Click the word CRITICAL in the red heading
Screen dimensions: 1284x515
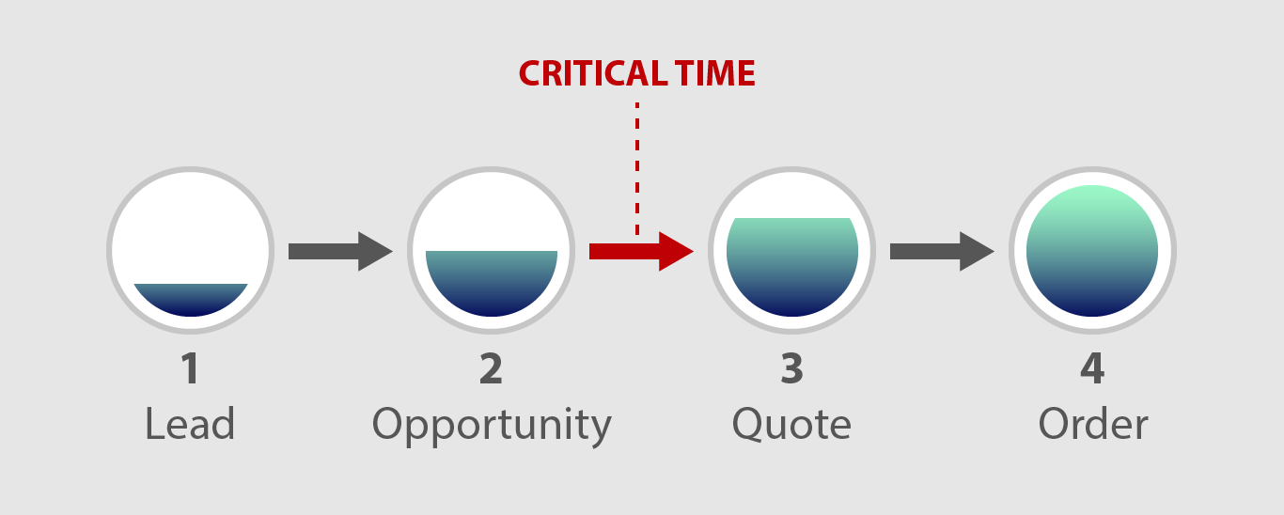pos(593,73)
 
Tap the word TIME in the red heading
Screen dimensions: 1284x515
pos(714,73)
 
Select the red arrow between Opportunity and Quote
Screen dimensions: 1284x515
pos(641,251)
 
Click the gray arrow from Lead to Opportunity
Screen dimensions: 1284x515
pos(340,251)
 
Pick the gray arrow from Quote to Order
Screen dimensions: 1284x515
pos(942,251)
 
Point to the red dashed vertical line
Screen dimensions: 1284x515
pos(637,168)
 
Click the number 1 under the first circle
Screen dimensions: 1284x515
pos(190,368)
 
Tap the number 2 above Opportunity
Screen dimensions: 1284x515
pos(492,368)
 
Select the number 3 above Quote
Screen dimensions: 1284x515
pos(791,368)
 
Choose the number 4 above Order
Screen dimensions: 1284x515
pos(1092,368)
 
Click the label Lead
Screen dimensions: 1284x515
pos(190,423)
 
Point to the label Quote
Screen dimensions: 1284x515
pos(791,424)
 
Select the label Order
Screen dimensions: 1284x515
pos(1093,423)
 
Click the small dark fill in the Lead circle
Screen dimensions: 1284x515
pos(191,299)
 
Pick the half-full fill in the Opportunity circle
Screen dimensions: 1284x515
pos(492,283)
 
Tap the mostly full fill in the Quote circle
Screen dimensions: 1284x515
pos(792,267)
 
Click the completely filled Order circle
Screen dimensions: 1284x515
pos(1092,251)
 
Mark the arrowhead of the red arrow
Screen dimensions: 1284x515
pos(675,251)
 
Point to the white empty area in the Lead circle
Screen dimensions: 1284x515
pos(190,229)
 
